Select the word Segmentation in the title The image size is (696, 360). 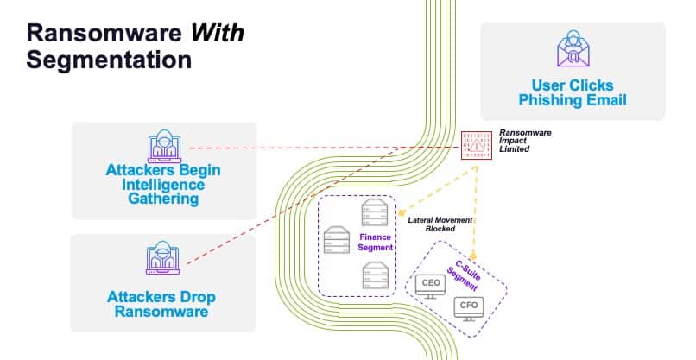tap(108, 60)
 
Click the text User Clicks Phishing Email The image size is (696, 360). tap(572, 92)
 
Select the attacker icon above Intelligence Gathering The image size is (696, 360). tap(163, 147)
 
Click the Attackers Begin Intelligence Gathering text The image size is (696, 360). tap(163, 185)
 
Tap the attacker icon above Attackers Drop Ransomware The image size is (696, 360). tap(162, 260)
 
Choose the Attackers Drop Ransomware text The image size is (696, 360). tap(162, 304)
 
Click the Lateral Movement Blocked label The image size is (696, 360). tap(440, 225)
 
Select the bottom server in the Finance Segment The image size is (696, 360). tap(374, 276)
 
